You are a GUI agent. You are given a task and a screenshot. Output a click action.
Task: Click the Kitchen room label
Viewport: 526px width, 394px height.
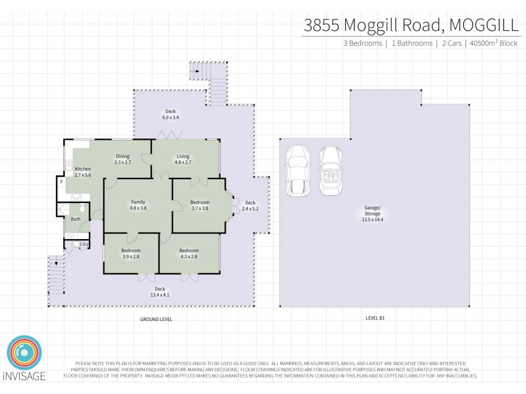[83, 172]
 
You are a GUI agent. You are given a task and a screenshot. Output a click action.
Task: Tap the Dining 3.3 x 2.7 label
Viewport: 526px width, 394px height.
[123, 159]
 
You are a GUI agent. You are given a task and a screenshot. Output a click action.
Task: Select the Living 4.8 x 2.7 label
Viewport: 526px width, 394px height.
[182, 159]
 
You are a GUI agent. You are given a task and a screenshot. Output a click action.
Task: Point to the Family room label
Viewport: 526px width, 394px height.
[137, 204]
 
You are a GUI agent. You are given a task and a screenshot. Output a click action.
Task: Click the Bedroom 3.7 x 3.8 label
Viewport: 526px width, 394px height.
[200, 205]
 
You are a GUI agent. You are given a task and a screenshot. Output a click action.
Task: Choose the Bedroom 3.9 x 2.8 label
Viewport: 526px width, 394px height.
[130, 253]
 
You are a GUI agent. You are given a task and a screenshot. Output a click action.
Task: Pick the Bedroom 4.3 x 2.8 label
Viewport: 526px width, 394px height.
[189, 253]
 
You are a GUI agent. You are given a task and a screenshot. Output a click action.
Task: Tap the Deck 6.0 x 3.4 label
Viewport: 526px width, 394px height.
[170, 114]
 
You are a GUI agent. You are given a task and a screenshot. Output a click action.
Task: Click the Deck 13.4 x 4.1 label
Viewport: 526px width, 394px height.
[160, 292]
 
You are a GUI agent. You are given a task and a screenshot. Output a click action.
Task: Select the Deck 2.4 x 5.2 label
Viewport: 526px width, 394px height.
[251, 206]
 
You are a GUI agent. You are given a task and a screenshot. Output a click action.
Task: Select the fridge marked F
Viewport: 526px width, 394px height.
[61, 182]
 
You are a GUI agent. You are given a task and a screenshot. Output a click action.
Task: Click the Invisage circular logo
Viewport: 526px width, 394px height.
[24, 355]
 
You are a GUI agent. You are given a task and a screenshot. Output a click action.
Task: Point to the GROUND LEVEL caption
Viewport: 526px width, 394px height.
[156, 319]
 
